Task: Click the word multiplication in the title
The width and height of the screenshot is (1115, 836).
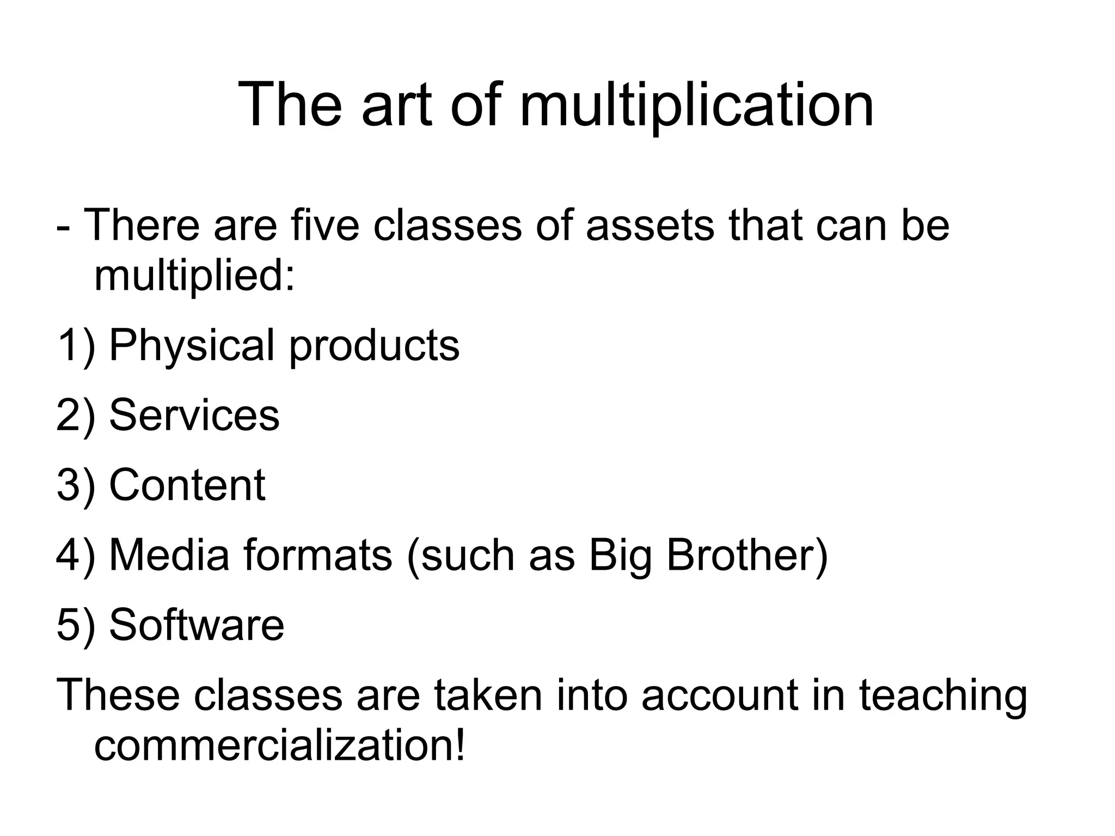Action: click(697, 105)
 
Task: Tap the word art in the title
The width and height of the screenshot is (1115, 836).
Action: click(396, 105)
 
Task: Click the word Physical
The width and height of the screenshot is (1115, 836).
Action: click(192, 346)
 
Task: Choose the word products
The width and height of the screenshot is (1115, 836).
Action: click(375, 346)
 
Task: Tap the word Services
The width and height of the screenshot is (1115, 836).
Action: click(194, 415)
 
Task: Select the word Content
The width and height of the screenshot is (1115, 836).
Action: click(187, 485)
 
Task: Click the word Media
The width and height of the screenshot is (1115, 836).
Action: click(169, 555)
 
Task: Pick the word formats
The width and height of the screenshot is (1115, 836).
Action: click(318, 555)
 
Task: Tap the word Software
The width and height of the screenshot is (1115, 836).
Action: click(197, 625)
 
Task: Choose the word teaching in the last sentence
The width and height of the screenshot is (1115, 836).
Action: click(943, 695)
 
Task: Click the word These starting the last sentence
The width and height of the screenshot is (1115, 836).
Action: click(118, 695)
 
